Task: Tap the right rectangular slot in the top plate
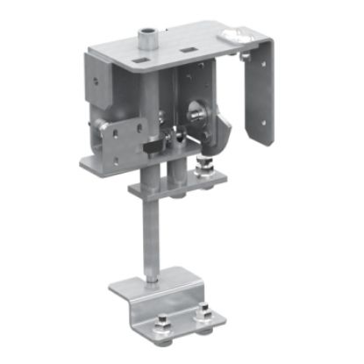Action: pyautogui.click(x=187, y=52)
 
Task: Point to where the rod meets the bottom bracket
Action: pyautogui.click(x=150, y=282)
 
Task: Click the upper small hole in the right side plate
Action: pyautogui.click(x=246, y=59)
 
